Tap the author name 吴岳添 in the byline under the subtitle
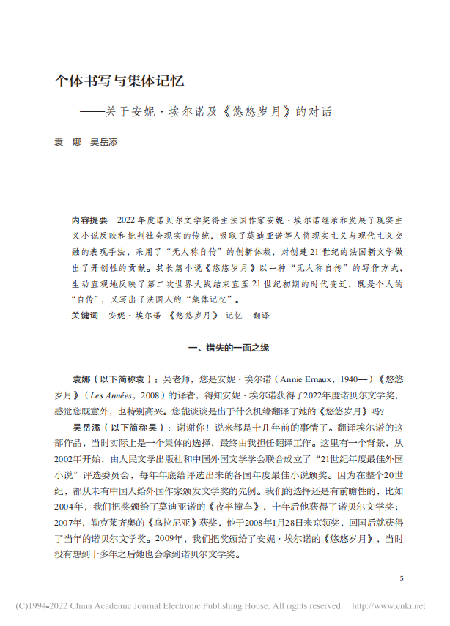103,143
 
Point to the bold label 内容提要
89,220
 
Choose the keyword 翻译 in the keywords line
262,316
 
